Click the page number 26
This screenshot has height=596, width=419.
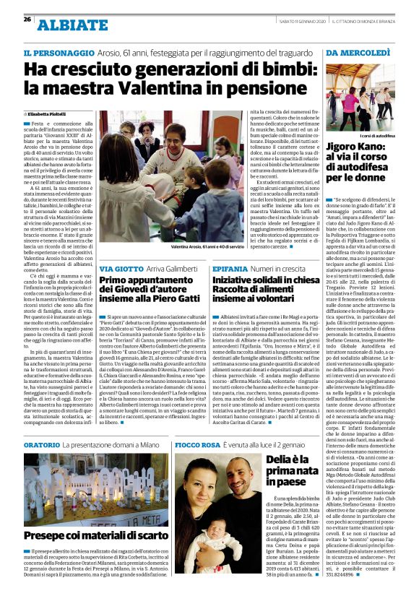point(27,19)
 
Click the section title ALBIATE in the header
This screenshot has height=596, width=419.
point(72,25)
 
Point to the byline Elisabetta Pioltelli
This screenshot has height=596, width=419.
point(48,114)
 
